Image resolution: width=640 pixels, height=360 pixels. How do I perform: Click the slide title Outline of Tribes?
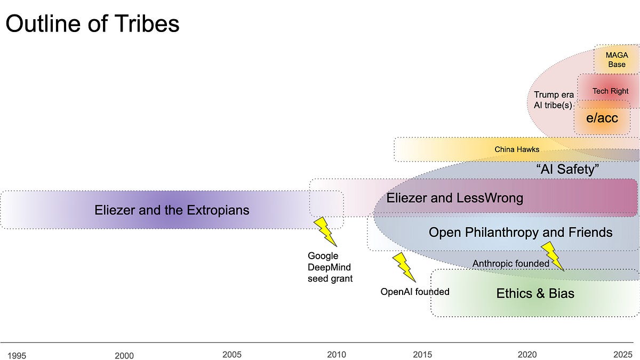pos(92,24)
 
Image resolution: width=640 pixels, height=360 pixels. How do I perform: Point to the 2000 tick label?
pos(124,355)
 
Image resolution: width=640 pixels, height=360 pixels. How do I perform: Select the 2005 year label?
pos(232,354)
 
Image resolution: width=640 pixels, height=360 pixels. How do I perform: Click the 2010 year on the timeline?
pos(337,354)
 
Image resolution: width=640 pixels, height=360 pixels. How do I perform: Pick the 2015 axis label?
pos(422,354)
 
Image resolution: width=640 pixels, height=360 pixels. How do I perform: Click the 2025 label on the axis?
pos(622,354)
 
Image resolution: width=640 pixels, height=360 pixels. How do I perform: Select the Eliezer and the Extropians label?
pos(172,210)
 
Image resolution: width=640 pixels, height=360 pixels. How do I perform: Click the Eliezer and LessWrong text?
pos(454,198)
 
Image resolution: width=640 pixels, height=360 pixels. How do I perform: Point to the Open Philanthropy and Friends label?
pos(521,233)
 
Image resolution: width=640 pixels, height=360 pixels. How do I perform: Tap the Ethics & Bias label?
pos(535,293)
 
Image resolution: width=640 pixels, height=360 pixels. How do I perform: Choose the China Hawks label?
pos(517,149)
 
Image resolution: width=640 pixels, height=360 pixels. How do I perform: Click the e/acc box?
pos(602,118)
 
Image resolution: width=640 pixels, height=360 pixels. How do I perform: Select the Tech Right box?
pos(610,91)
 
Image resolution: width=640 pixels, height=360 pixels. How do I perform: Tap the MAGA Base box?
pos(617,59)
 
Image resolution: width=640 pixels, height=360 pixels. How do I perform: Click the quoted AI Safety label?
pos(568,170)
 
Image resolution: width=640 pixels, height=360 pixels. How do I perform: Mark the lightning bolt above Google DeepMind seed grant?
pos(325,231)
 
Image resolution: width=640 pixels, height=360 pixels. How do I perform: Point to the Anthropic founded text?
pos(510,263)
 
